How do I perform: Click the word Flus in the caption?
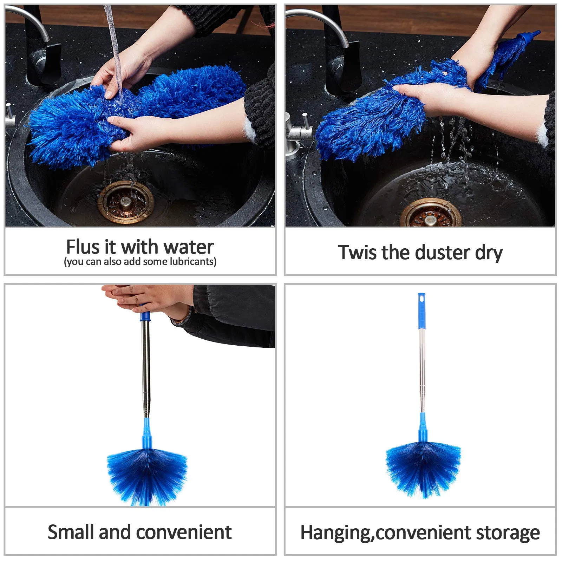(x=83, y=247)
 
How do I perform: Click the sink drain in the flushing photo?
(x=125, y=202)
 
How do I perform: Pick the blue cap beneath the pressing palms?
(x=145, y=316)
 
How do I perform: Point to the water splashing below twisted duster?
(x=457, y=169)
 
